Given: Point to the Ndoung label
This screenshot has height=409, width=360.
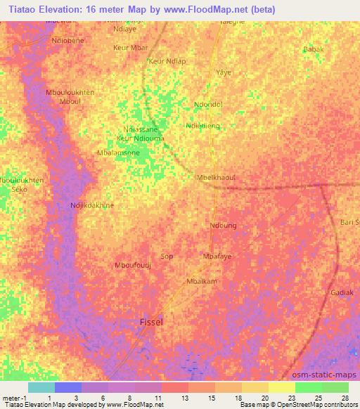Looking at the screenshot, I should click(223, 226).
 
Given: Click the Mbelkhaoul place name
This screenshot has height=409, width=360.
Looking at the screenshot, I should click(217, 178).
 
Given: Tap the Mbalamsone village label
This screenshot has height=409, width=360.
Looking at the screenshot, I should click(119, 152).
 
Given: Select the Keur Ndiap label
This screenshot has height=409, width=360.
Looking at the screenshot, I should click(167, 61).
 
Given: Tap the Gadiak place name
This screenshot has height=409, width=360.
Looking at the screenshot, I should click(342, 292).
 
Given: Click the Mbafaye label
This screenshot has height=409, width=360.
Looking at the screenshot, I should click(217, 257).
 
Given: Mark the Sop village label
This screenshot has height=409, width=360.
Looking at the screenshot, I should click(167, 257).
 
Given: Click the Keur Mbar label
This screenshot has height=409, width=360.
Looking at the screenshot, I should click(131, 48).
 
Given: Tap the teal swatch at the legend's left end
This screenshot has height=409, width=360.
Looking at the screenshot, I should click(41, 387).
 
